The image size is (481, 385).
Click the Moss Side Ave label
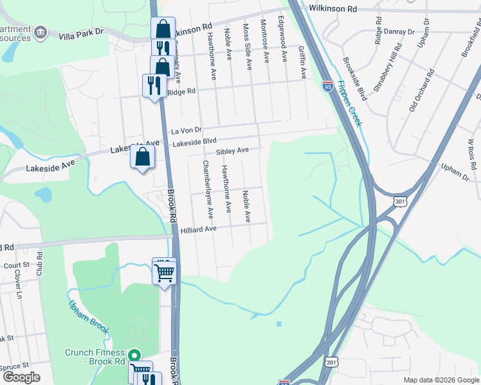point(246,43)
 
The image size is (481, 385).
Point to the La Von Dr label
point(186,130)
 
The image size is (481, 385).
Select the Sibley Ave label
point(232,151)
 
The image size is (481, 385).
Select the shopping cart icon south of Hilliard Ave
point(164,272)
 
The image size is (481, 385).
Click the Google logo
point(21,377)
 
